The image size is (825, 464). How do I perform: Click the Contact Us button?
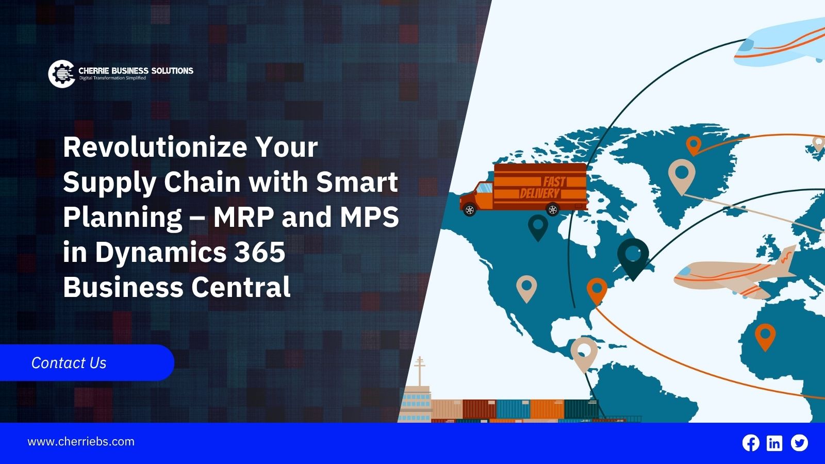(x=87, y=363)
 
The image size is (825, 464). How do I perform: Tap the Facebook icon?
(x=751, y=443)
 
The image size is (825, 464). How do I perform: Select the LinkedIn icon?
(x=774, y=443)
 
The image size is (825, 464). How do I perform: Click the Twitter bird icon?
(x=799, y=443)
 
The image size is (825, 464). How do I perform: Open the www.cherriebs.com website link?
(x=81, y=441)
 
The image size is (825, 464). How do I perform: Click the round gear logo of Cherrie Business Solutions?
(x=62, y=74)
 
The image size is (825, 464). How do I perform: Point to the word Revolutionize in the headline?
(x=155, y=147)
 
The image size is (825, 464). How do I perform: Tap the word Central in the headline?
(x=241, y=287)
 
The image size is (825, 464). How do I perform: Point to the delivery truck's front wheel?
(x=470, y=210)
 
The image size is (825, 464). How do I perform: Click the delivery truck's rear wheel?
(x=552, y=209)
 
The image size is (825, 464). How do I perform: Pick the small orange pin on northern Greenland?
(x=694, y=145)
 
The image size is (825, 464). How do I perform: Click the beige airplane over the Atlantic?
(x=733, y=273)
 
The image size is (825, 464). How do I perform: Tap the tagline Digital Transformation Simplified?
(x=112, y=78)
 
